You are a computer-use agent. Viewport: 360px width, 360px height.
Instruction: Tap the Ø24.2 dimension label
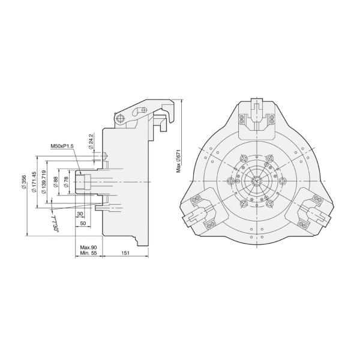(91, 142)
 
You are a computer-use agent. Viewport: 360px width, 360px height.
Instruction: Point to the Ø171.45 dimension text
(34, 182)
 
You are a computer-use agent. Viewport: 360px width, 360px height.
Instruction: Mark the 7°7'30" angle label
(55, 225)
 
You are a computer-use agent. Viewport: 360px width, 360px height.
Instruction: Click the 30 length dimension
(80, 214)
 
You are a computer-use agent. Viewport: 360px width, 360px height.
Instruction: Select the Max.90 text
(88, 247)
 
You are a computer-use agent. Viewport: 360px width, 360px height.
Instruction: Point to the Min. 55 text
(88, 254)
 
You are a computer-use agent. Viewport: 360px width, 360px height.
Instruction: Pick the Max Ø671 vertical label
(178, 161)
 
